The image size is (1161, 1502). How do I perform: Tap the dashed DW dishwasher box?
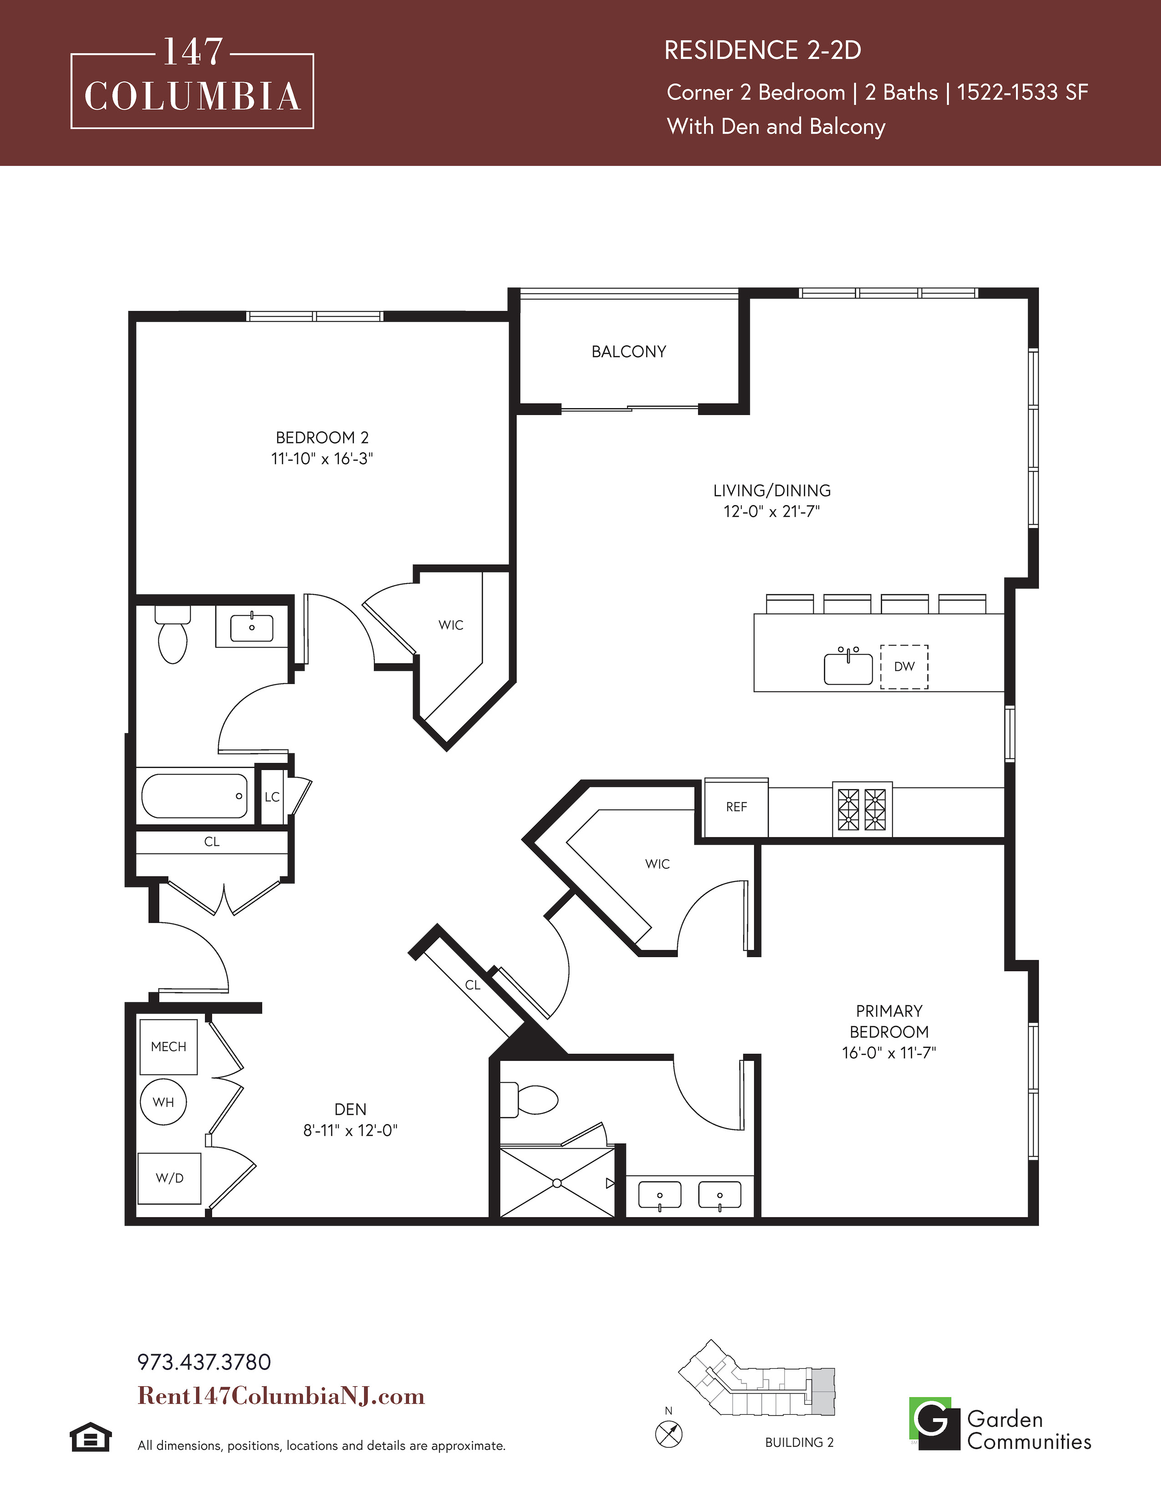905,666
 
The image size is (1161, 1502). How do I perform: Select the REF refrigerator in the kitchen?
736,807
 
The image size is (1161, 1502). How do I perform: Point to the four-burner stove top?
862,809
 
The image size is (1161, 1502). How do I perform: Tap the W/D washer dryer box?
169,1178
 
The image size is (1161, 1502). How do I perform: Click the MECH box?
168,1047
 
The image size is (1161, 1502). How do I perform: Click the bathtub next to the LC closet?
195,796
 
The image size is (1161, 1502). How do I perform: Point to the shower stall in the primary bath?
557,1183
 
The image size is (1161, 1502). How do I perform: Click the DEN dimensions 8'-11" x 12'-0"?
350,1130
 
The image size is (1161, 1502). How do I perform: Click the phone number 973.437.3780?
204,1362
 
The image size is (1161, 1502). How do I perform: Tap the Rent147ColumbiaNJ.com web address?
281,1395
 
